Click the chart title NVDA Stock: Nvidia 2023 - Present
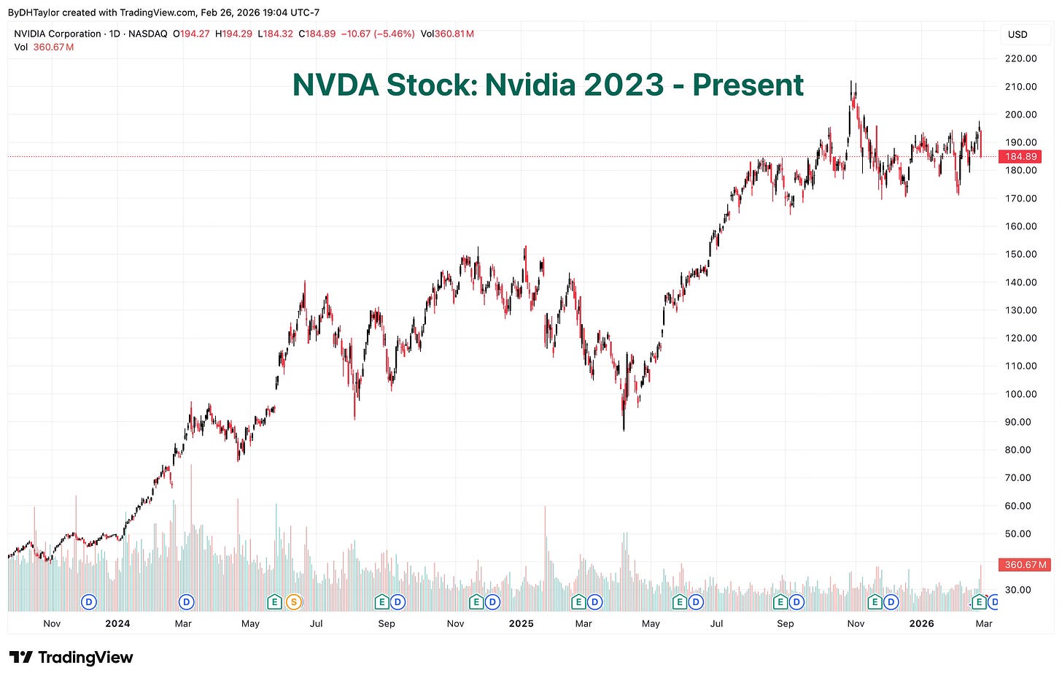(548, 85)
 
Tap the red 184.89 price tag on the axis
(1020, 156)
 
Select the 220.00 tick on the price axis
(1021, 58)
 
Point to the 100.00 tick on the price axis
(1021, 394)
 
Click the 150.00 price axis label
(1021, 254)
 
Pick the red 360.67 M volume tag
(1025, 564)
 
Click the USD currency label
(1018, 34)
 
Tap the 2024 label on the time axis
(117, 623)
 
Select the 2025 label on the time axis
(521, 623)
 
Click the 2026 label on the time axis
(921, 623)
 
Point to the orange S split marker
(294, 602)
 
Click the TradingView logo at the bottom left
(71, 658)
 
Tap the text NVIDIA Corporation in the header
(58, 34)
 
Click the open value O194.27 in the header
(191, 34)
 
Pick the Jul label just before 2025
(317, 623)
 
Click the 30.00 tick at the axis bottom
(1021, 590)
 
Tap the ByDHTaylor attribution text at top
(33, 12)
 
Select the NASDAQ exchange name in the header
(148, 34)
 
